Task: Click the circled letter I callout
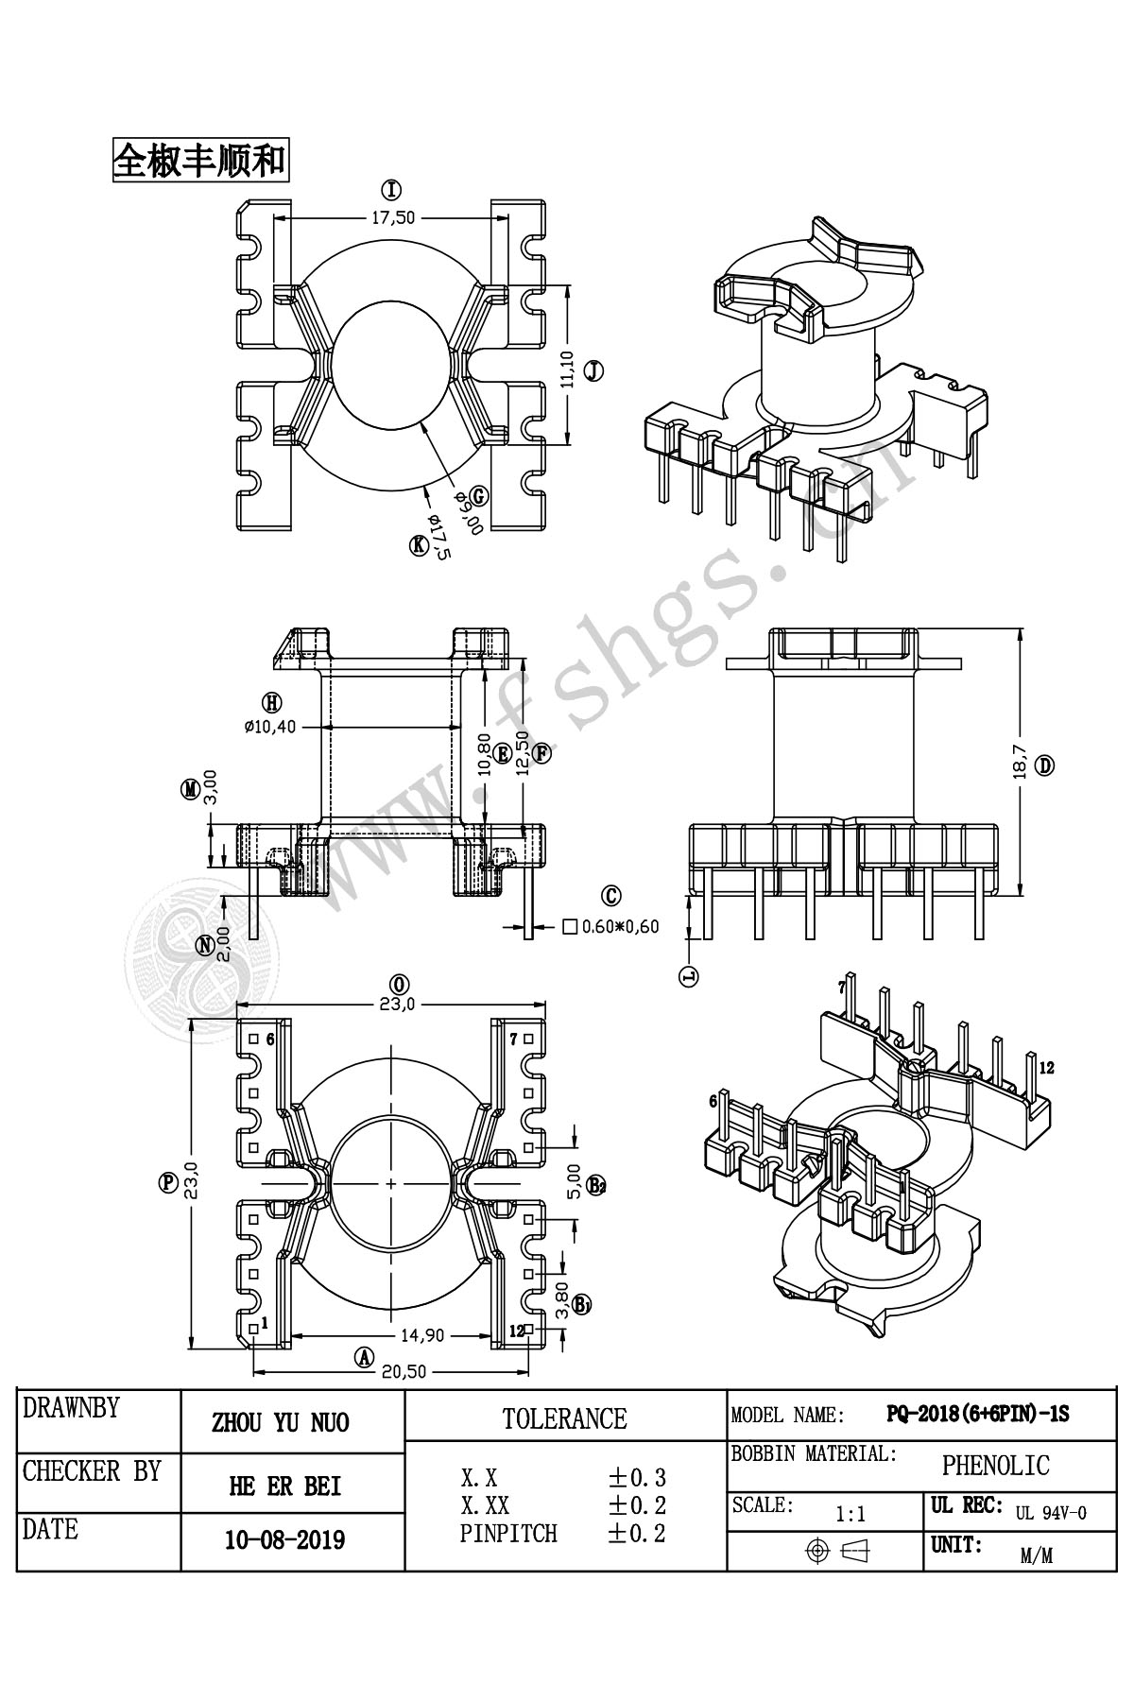[x=391, y=189]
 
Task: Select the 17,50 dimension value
[x=392, y=217]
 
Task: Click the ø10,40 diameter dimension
[x=270, y=727]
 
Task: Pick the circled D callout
[x=1044, y=765]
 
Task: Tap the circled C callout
[x=611, y=896]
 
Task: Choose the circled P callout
[x=169, y=1183]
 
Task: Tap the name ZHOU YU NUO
[x=281, y=1423]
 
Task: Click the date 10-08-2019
[x=284, y=1540]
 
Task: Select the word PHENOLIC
[x=995, y=1466]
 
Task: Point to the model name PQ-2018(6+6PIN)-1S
[x=977, y=1415]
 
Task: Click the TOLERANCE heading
[x=564, y=1418]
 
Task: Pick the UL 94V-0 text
[x=1051, y=1513]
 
